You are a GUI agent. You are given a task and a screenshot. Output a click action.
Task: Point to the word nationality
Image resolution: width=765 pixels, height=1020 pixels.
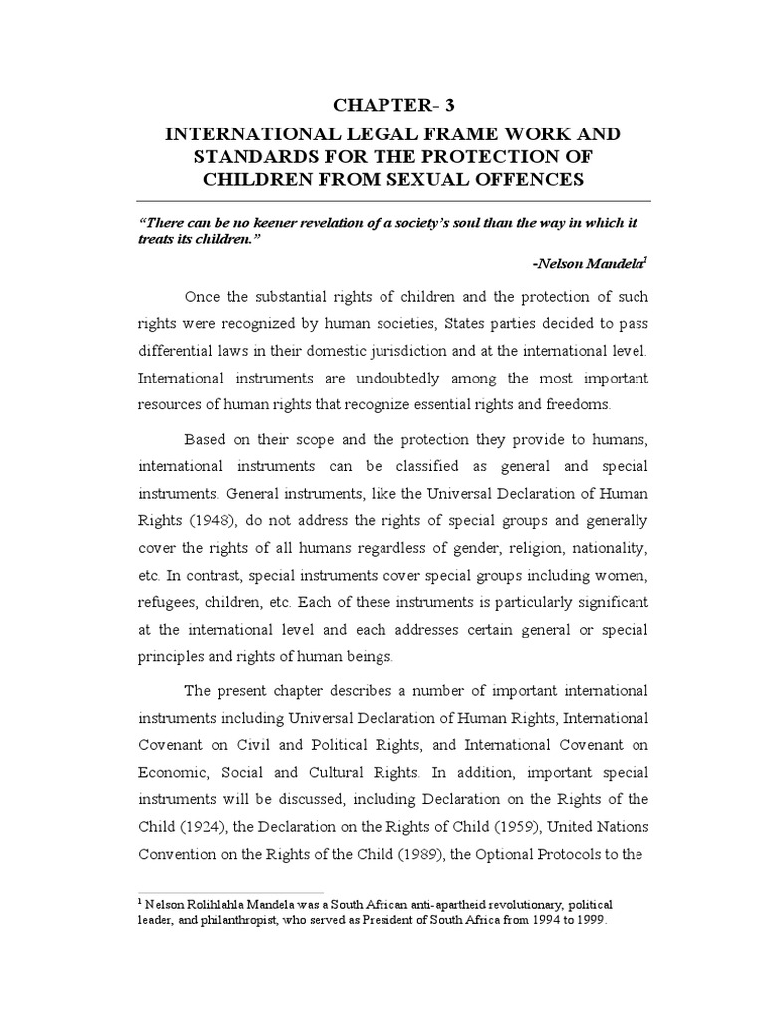606,548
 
